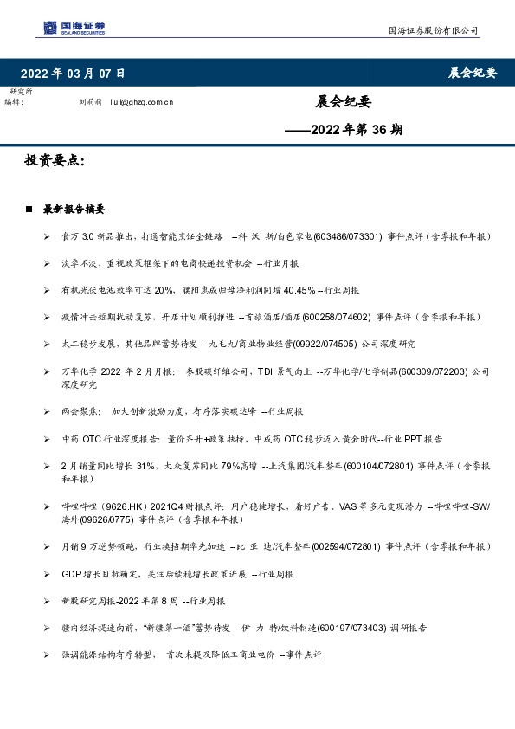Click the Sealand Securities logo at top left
pyautogui.click(x=74, y=28)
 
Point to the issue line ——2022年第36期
pyautogui.click(x=344, y=131)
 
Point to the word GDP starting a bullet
pyautogui.click(x=70, y=574)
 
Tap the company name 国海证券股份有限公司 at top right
pyautogui.click(x=432, y=30)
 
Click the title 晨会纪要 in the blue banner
pyautogui.click(x=473, y=73)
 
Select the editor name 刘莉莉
pyautogui.click(x=90, y=102)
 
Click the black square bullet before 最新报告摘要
pyautogui.click(x=29, y=210)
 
